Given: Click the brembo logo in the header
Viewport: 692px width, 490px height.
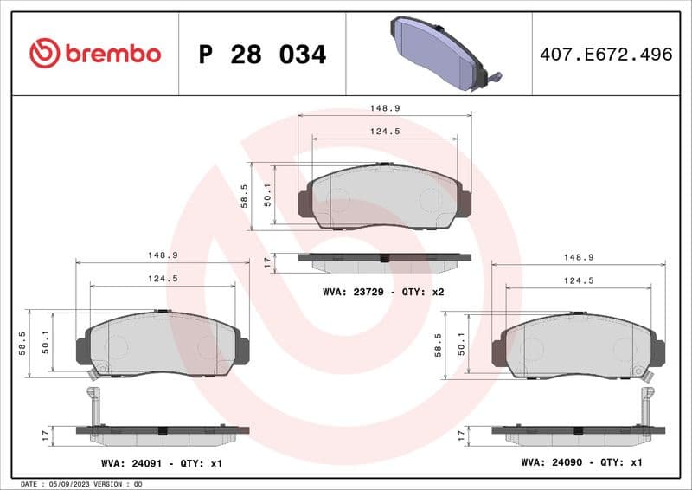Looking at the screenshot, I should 95,54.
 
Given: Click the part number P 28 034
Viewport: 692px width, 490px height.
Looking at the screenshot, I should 262,55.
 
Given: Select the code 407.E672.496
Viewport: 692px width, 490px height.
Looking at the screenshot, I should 605,55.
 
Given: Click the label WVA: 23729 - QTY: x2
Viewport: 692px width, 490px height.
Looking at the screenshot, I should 383,293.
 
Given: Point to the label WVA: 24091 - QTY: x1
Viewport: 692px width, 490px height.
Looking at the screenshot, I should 162,464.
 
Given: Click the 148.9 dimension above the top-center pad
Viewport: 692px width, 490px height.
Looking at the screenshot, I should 384,108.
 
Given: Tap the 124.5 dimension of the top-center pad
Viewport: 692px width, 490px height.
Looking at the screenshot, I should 384,132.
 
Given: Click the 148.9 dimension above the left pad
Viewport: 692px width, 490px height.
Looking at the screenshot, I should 163,255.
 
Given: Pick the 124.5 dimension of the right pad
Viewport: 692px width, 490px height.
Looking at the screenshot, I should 578,280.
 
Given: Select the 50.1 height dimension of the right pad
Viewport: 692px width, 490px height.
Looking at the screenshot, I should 462,344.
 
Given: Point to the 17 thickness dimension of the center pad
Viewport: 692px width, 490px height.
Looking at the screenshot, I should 267,261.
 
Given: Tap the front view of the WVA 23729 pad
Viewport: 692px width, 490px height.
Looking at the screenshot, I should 384,197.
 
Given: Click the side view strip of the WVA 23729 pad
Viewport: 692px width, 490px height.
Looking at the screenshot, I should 384,259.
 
